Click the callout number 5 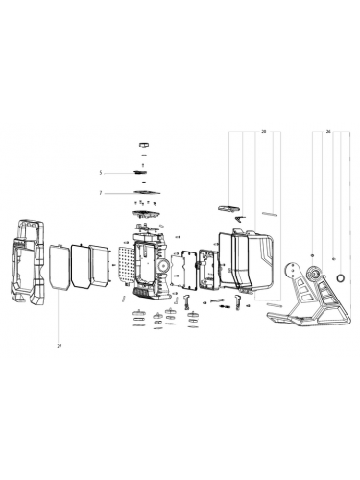point(99,172)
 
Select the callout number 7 point(99,193)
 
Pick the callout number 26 point(329,130)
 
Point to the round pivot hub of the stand point(313,275)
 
